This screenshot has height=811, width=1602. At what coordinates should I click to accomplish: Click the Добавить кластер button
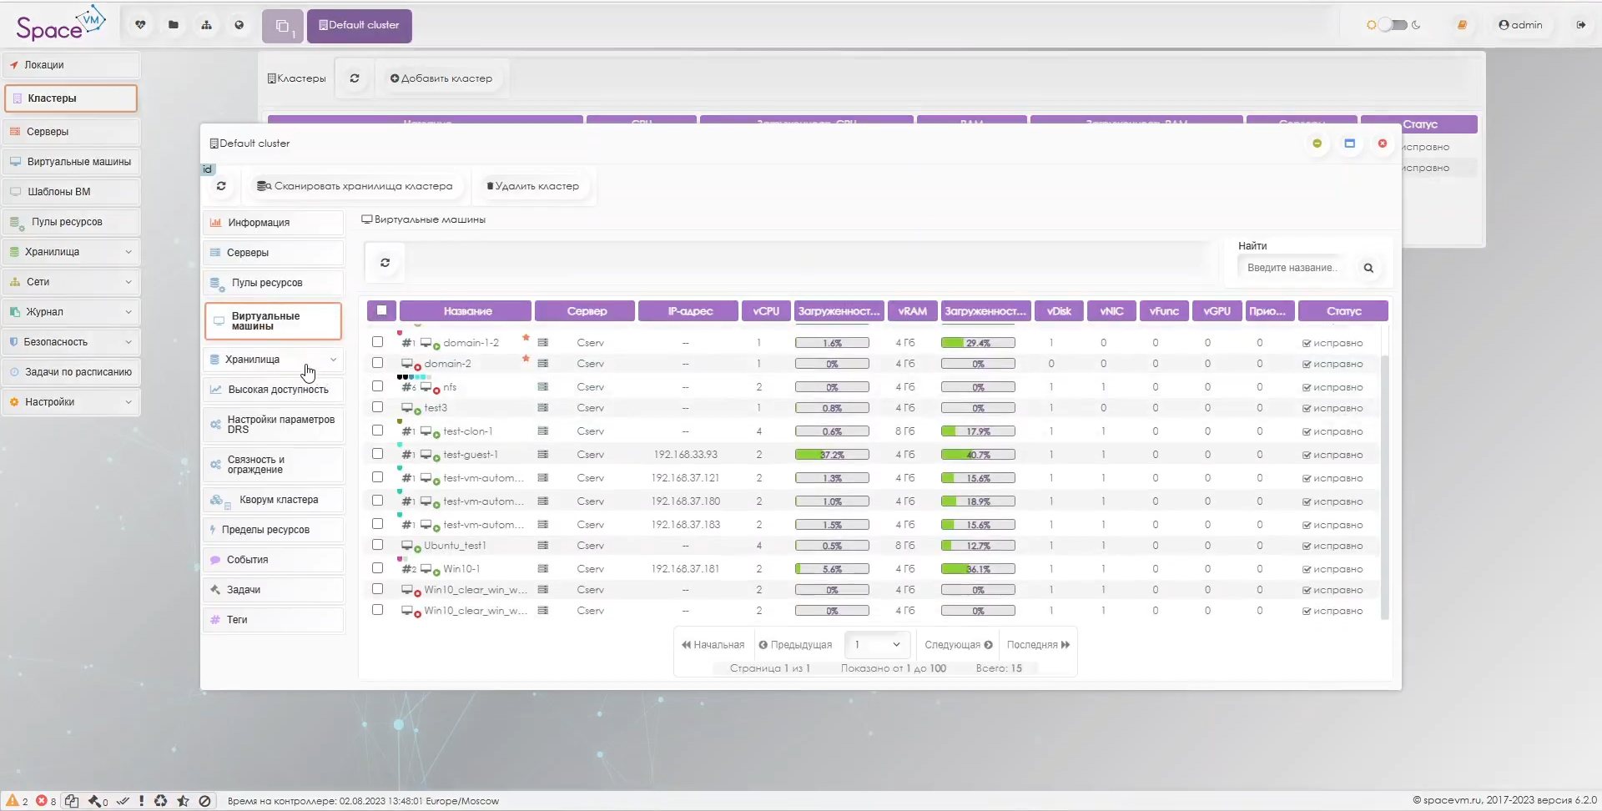point(441,78)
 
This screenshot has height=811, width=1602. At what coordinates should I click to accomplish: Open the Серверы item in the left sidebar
point(48,132)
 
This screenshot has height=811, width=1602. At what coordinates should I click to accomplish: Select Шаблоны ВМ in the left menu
point(58,192)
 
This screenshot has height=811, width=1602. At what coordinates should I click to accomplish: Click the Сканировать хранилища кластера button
point(355,186)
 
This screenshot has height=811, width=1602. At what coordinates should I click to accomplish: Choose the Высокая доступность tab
point(278,390)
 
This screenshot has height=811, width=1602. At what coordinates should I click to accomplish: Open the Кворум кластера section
point(278,500)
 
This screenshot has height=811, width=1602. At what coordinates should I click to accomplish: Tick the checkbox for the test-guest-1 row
point(377,454)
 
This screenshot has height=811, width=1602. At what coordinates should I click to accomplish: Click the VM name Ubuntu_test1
point(455,546)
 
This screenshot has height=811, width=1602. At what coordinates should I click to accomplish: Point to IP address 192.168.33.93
point(685,455)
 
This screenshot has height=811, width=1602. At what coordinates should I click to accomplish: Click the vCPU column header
point(765,311)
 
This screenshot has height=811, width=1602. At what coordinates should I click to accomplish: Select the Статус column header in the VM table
point(1343,311)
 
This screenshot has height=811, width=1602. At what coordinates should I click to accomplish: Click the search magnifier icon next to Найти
point(1368,268)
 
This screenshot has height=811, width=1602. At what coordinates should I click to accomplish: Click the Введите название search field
point(1292,268)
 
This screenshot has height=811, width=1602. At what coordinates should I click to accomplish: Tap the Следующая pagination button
point(958,645)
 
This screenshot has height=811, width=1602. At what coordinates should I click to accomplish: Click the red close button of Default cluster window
point(1383,144)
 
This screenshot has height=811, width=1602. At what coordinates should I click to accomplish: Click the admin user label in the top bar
point(1520,25)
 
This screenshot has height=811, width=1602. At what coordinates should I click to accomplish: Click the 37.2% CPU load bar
point(832,455)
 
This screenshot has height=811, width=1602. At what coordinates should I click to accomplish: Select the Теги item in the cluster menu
point(237,620)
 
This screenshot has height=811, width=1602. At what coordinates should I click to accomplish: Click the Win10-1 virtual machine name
point(461,569)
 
